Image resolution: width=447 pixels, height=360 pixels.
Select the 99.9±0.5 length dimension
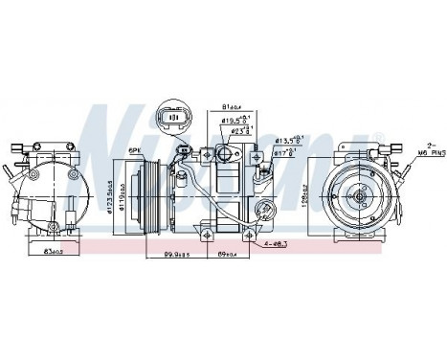tap(174, 256)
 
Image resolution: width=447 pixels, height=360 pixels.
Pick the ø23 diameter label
tap(239, 131)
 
